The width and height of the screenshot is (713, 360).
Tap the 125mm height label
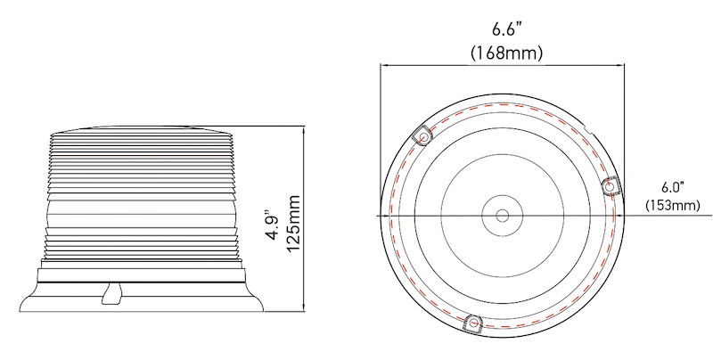click(295, 225)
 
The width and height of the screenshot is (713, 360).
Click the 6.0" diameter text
click(670, 188)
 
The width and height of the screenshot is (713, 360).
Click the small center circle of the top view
click(502, 217)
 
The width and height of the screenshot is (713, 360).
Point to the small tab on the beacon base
click(111, 293)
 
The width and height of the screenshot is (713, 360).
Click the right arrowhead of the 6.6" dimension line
click(620, 64)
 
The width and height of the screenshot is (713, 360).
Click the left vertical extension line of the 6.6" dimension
click(381, 134)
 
